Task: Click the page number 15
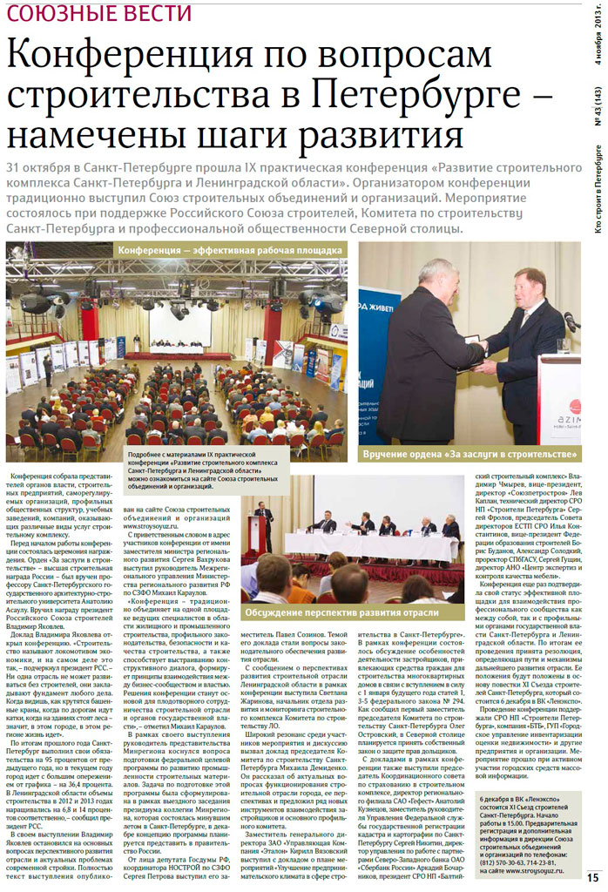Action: coord(592,877)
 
